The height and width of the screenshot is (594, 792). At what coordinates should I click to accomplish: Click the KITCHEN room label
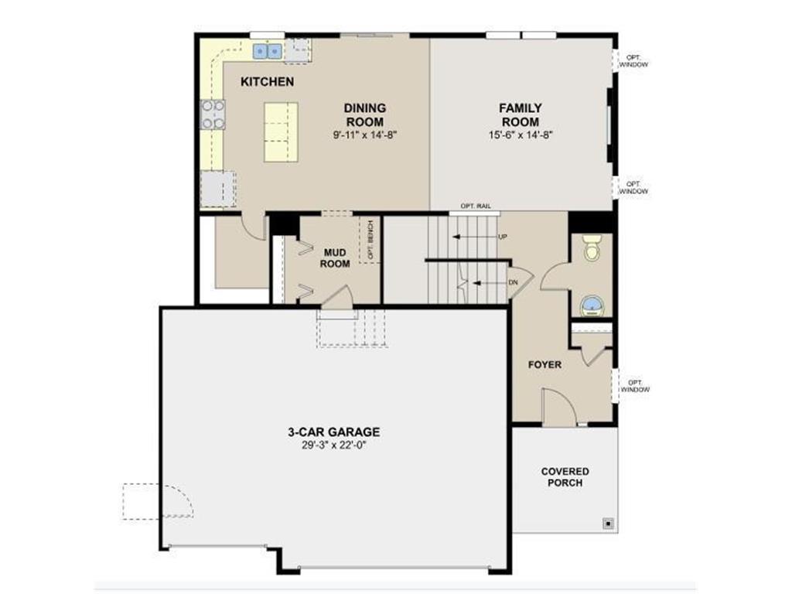pos(267,81)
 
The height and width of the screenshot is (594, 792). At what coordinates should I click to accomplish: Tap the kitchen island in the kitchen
pos(281,131)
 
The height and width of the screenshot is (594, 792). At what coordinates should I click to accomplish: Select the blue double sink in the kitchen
pos(269,51)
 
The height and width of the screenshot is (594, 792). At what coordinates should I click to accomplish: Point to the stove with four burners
pos(213,114)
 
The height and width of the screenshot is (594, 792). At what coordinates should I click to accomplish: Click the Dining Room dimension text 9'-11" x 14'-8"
pos(364,134)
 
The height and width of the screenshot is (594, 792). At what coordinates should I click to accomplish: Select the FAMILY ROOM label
pos(520,114)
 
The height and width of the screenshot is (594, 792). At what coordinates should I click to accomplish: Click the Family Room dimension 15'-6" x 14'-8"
pos(520,134)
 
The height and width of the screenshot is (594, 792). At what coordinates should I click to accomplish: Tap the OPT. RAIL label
pos(473,206)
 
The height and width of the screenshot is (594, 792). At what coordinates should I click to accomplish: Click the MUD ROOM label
pos(335,258)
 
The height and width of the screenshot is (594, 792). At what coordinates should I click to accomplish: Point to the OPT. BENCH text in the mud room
pos(370,241)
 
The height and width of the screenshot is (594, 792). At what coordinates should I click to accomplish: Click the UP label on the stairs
pos(503,237)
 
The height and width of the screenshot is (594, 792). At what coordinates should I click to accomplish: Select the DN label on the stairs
pos(513,282)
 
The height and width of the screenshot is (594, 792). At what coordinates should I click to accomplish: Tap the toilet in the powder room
pos(592,247)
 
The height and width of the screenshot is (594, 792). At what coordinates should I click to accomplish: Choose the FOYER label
pos(544,364)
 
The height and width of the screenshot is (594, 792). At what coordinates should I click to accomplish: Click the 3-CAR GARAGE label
pos(340,432)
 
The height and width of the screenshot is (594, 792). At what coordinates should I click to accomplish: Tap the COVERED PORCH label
pos(565,476)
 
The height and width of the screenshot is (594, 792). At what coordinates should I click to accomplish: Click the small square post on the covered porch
pos(608,522)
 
